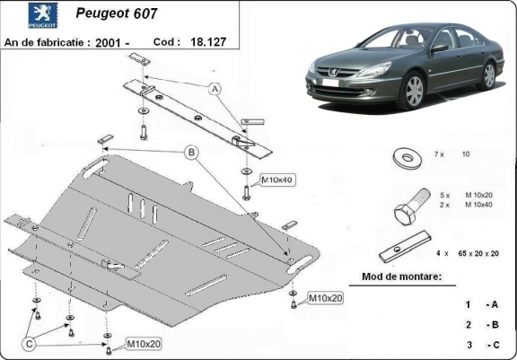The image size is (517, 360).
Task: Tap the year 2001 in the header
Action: (133, 41)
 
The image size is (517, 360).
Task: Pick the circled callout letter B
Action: (191, 153)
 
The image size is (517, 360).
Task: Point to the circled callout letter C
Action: (30, 342)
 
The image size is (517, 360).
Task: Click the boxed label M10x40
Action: (277, 180)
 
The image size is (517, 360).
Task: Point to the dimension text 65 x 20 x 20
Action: (478, 255)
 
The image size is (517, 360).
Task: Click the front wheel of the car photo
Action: (414, 92)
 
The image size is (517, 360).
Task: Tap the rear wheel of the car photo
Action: (489, 75)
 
